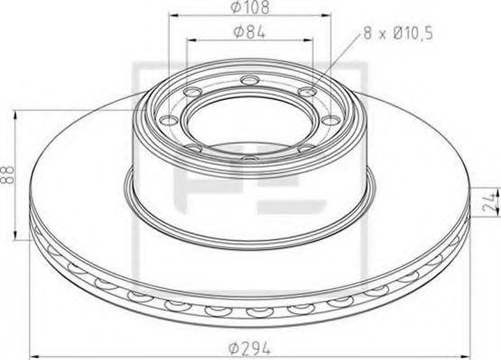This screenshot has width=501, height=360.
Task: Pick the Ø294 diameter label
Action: pos(250,346)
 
